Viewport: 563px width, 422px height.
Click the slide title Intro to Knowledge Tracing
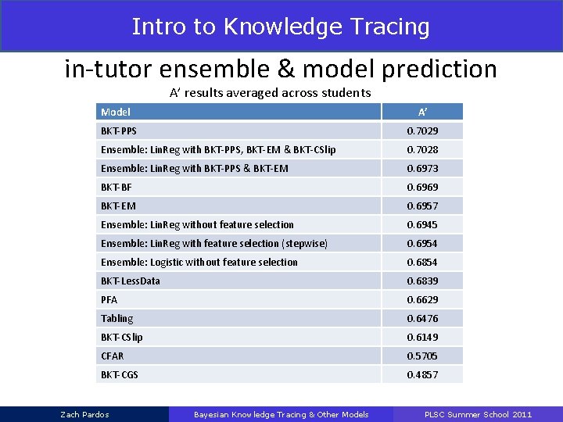tap(281, 27)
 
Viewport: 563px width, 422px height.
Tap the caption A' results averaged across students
tap(271, 93)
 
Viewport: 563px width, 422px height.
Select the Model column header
tap(116, 112)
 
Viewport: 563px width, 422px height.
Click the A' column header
tap(422, 112)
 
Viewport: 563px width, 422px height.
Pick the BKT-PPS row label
tap(119, 131)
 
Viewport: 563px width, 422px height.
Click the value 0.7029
tap(422, 131)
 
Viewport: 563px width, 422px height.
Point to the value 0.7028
tap(422, 149)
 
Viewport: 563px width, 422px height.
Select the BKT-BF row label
tap(117, 187)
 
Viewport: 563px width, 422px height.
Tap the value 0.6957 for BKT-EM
tap(422, 206)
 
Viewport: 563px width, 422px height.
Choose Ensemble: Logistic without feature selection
tap(199, 262)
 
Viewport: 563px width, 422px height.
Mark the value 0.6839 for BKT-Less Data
tap(422, 281)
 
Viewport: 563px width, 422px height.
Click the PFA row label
tap(109, 299)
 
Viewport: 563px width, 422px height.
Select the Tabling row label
tap(117, 318)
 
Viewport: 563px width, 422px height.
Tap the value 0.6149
tap(422, 337)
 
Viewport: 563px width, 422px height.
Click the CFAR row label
tap(112, 356)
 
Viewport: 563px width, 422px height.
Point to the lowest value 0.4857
tap(422, 374)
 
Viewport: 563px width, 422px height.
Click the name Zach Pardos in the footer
tap(85, 414)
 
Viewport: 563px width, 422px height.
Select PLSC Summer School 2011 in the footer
tap(478, 414)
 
